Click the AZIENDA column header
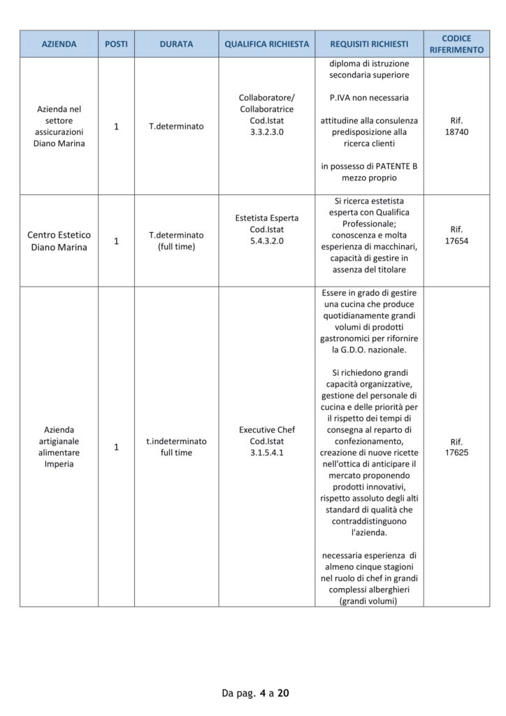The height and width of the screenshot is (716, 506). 59,44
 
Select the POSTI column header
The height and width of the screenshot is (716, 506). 116,44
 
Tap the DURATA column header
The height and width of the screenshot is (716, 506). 176,44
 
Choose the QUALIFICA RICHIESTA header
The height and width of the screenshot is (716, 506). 267,44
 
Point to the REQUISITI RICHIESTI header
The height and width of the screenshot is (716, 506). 369,44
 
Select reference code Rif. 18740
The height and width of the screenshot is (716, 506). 456,126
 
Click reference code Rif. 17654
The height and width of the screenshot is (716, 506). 456,235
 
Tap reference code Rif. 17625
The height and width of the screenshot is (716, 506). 456,447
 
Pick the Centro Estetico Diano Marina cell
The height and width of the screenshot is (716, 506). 59,241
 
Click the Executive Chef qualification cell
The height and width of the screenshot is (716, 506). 267,441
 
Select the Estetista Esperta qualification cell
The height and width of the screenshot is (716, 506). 267,229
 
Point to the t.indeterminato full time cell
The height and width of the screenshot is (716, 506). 176,447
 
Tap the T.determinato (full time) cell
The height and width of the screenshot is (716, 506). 176,241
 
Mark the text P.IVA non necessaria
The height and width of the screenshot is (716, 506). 369,97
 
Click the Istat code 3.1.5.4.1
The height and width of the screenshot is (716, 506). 267,453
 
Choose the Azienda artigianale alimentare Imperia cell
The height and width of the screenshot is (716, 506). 59,447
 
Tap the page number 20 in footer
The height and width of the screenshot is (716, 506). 283,694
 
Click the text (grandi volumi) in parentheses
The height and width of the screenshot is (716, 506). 369,600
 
